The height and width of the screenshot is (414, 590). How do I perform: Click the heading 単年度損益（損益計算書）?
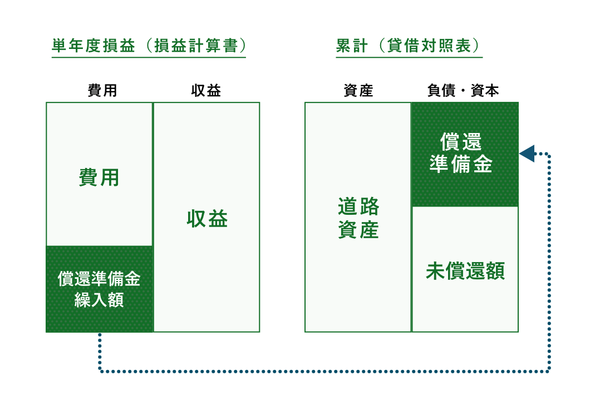click(149, 46)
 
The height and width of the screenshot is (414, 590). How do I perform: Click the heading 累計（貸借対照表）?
click(409, 46)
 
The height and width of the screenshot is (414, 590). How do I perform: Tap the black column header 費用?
click(102, 90)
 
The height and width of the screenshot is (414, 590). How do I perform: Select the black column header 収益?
click(206, 90)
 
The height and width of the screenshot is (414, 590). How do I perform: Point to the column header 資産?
click(358, 90)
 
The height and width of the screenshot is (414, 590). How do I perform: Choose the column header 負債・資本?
click(463, 90)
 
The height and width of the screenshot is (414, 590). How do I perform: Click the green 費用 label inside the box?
click(99, 178)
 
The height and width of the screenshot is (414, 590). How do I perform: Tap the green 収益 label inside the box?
click(207, 219)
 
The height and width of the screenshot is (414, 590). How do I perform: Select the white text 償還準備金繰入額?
click(99, 289)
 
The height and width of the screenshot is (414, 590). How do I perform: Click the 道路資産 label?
click(358, 218)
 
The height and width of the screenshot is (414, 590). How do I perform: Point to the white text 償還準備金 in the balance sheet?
click(461, 153)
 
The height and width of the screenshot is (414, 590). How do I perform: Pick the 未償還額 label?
click(465, 271)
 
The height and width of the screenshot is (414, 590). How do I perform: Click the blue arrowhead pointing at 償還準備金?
click(527, 154)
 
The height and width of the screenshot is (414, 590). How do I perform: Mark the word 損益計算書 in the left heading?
click(196, 46)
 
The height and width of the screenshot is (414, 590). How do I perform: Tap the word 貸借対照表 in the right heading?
click(429, 46)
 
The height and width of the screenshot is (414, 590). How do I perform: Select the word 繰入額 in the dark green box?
click(99, 300)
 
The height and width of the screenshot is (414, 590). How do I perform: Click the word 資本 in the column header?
click(485, 90)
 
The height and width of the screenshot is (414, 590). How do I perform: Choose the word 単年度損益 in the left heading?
click(94, 46)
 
